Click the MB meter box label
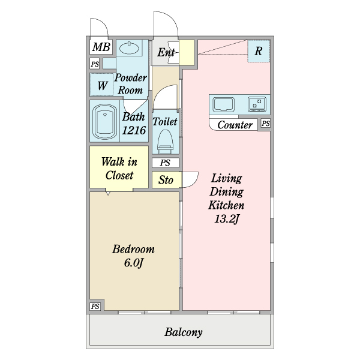click(101, 47)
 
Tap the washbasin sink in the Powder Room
click(129, 48)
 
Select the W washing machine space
click(102, 85)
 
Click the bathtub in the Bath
click(104, 122)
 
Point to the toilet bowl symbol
click(166, 141)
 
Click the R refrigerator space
click(259, 51)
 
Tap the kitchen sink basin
click(224, 104)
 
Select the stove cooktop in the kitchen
click(257, 104)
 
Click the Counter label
click(235, 125)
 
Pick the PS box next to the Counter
click(266, 123)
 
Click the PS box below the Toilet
click(166, 163)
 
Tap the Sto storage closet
click(166, 180)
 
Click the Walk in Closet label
click(119, 168)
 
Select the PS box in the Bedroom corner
click(95, 306)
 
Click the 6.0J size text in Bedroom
click(133, 263)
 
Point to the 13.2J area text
click(227, 218)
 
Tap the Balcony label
click(184, 332)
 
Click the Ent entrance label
click(166, 52)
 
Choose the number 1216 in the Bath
click(134, 130)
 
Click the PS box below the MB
click(95, 64)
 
